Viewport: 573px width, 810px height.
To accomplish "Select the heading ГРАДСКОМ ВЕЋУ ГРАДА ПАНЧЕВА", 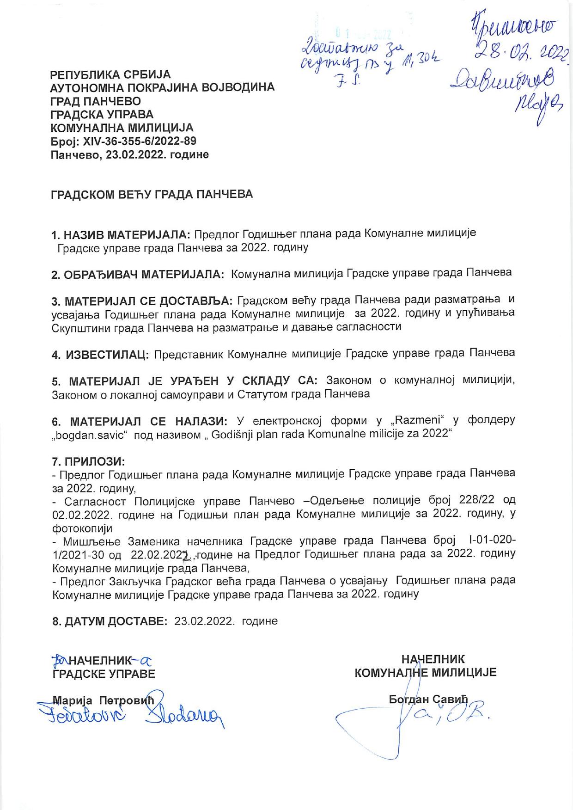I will pos(152,194).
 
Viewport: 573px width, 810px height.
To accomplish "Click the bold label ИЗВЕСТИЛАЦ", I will pos(107,355).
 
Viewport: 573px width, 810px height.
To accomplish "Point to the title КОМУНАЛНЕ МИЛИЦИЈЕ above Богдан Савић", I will pos(425,673).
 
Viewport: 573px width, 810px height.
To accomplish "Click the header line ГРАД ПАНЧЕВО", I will pos(96,101).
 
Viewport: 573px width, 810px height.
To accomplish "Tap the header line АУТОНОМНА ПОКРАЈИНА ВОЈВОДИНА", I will pos(162,87).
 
